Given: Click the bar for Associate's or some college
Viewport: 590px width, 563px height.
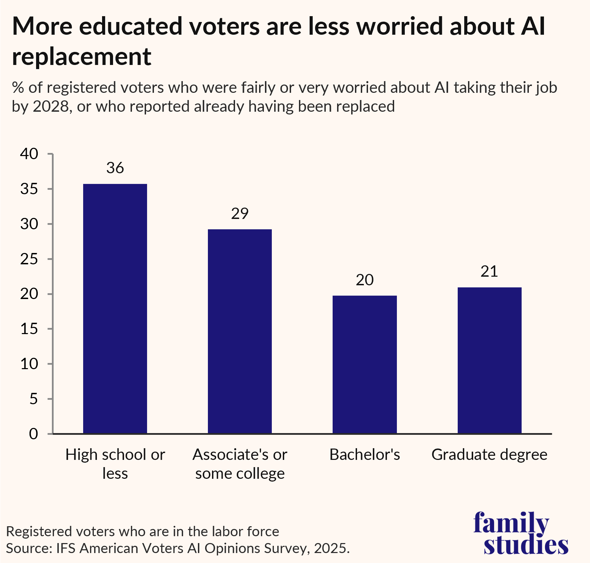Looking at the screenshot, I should coord(240,331).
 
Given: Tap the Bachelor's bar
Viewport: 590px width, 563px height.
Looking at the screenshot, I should coord(365,364).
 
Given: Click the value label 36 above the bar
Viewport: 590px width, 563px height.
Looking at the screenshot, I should coord(115,168).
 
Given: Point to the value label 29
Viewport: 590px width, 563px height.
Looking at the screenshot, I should coord(240,214).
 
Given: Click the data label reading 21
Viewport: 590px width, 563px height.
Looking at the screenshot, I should coord(489,272).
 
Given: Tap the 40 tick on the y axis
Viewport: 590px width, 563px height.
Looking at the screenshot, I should coord(29,154).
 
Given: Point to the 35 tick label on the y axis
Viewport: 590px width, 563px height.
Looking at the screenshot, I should coord(29,189).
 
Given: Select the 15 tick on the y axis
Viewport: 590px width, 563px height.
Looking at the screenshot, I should coord(29,329).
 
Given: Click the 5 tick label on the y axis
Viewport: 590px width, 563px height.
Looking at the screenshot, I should coord(33,399).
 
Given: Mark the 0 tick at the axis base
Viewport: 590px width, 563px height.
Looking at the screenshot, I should coord(33,434).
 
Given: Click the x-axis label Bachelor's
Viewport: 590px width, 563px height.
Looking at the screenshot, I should coord(365,455).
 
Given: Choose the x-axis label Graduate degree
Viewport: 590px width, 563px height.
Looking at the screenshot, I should coord(489,455).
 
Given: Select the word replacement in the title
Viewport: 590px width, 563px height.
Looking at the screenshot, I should coord(81,57).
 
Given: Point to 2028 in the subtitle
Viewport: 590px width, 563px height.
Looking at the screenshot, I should coord(51,107).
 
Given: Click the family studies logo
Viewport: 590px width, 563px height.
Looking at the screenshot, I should coord(520,533).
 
